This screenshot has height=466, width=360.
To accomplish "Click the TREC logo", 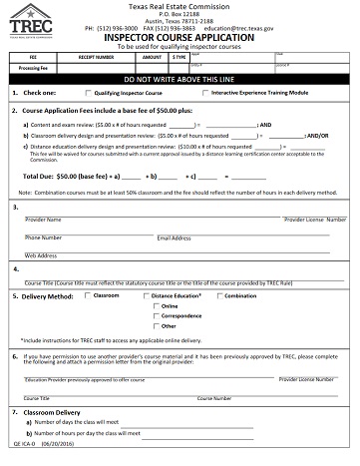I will [34, 21].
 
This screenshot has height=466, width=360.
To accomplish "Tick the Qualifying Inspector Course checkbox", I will [86, 92].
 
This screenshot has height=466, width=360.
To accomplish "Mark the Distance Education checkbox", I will [146, 296].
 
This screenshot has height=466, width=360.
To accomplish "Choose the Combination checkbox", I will [218, 296].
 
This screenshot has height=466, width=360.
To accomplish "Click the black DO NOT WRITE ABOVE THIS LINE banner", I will [180, 77].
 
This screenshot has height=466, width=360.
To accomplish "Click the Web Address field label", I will [41, 255].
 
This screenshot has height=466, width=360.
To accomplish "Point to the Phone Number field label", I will [44, 237].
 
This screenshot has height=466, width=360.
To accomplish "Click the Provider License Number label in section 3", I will [315, 219].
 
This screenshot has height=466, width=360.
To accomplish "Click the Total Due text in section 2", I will [38, 174].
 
